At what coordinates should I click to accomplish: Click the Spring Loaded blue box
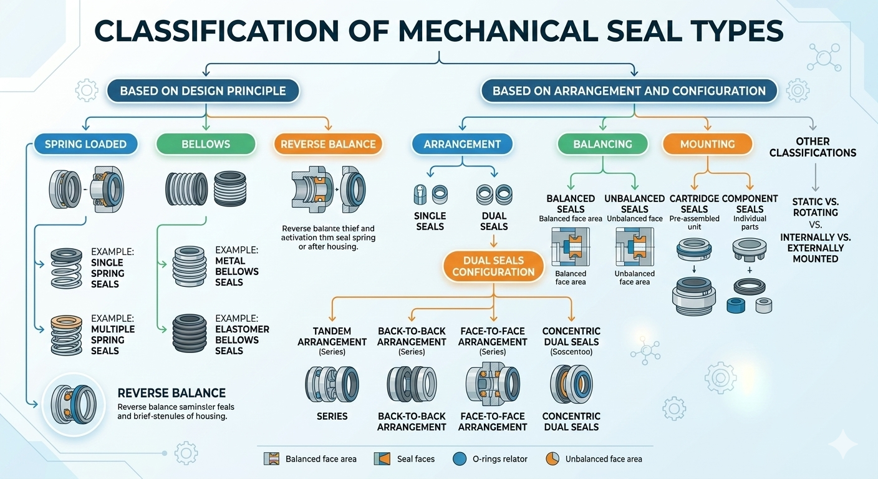click(85, 144)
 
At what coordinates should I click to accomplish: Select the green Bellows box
click(206, 144)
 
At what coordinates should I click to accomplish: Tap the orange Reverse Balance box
click(328, 144)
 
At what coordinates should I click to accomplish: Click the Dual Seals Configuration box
click(493, 266)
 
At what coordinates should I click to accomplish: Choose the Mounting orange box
click(707, 144)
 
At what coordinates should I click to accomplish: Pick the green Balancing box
click(603, 144)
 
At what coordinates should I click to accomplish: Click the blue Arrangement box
click(462, 144)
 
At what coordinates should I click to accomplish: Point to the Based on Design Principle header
click(203, 91)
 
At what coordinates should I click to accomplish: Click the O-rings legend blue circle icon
click(460, 458)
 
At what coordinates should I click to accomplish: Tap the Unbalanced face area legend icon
click(552, 458)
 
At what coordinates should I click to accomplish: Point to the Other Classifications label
click(813, 147)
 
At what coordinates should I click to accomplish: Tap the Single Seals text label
click(430, 221)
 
